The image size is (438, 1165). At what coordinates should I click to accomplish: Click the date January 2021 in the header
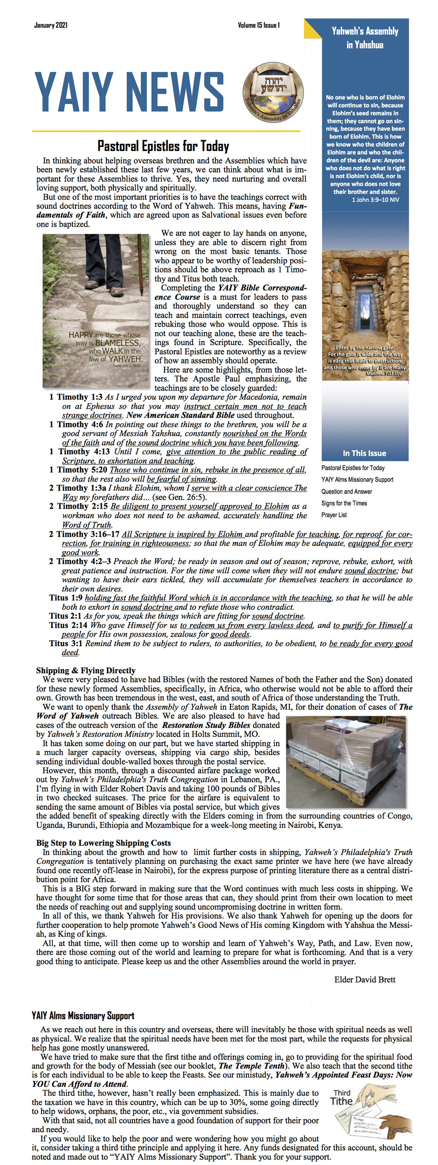tap(51, 25)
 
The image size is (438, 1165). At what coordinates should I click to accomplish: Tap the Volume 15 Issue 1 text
tap(259, 25)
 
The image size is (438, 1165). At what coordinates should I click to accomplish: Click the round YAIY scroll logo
tap(273, 92)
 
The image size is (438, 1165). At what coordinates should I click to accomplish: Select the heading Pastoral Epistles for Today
tap(163, 146)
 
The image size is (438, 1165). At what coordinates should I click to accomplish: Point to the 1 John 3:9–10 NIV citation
tap(375, 200)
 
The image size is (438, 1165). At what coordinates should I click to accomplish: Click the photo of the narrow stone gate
tap(365, 315)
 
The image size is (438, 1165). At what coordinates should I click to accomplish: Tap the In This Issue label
tap(364, 453)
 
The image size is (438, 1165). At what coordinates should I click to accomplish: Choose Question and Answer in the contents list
tap(347, 492)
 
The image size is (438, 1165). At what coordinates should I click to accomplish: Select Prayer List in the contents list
tap(334, 515)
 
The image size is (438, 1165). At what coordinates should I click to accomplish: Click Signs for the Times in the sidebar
tap(344, 503)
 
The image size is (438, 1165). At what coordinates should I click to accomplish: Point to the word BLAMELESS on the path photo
tap(117, 343)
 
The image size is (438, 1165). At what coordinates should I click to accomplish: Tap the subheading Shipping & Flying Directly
tap(86, 671)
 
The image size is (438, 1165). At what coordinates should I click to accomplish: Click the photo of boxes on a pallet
tap(346, 761)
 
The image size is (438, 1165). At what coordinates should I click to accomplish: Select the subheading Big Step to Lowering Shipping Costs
tap(103, 843)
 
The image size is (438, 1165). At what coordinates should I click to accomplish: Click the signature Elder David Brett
tap(365, 980)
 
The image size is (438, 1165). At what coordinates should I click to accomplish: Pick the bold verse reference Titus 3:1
tap(66, 643)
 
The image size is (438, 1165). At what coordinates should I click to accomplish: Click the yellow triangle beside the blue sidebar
tap(312, 29)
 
